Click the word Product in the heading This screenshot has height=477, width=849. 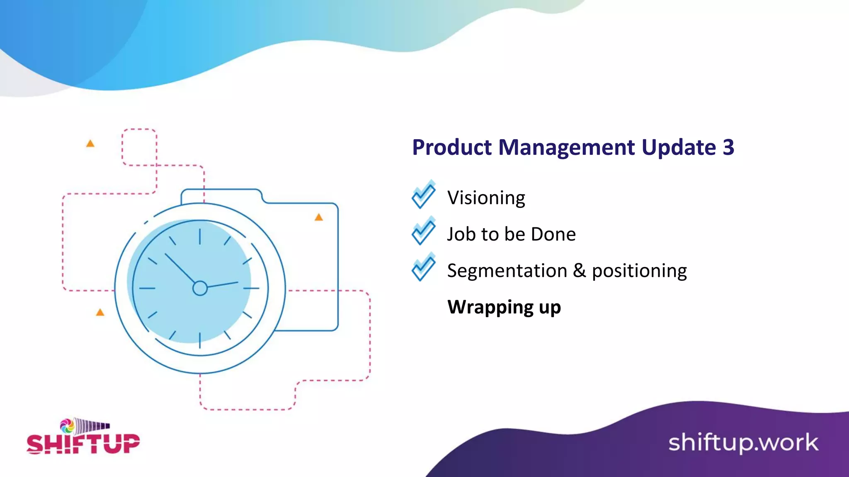[x=452, y=147]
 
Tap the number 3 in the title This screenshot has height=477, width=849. [x=728, y=147]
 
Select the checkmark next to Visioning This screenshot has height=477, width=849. [x=424, y=195]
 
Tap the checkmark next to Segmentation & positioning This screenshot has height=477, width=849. [x=424, y=267]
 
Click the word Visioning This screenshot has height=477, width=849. [x=486, y=198]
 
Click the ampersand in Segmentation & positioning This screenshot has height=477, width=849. [x=579, y=270]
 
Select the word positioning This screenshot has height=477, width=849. [x=639, y=271]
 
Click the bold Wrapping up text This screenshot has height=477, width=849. [x=504, y=307]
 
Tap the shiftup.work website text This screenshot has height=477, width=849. [x=743, y=443]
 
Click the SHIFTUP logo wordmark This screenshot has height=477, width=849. [x=83, y=444]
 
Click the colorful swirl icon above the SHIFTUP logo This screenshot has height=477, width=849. [x=67, y=426]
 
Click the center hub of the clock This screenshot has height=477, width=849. [x=200, y=288]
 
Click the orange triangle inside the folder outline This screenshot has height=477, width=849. [x=318, y=217]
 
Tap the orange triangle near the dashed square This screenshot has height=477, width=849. [x=90, y=144]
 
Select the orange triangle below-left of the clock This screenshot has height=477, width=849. [x=100, y=312]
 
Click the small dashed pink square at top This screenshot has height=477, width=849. [x=139, y=147]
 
